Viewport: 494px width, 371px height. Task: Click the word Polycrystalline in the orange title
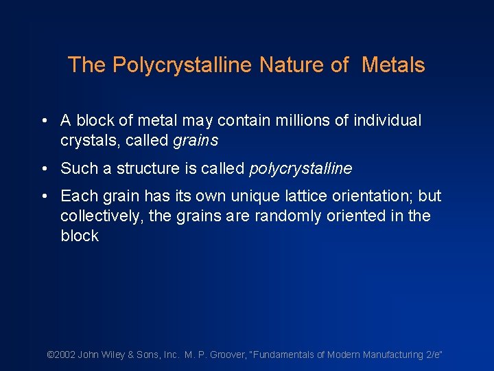click(x=183, y=65)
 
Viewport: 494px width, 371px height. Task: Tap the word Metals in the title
click(x=393, y=65)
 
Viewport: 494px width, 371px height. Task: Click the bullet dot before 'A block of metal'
click(x=44, y=122)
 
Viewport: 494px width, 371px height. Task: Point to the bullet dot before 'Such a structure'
click(x=44, y=169)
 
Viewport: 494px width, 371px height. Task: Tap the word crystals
click(x=86, y=140)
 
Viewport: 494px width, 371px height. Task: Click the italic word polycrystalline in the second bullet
click(x=302, y=168)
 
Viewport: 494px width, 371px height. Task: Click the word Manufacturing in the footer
click(x=389, y=355)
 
